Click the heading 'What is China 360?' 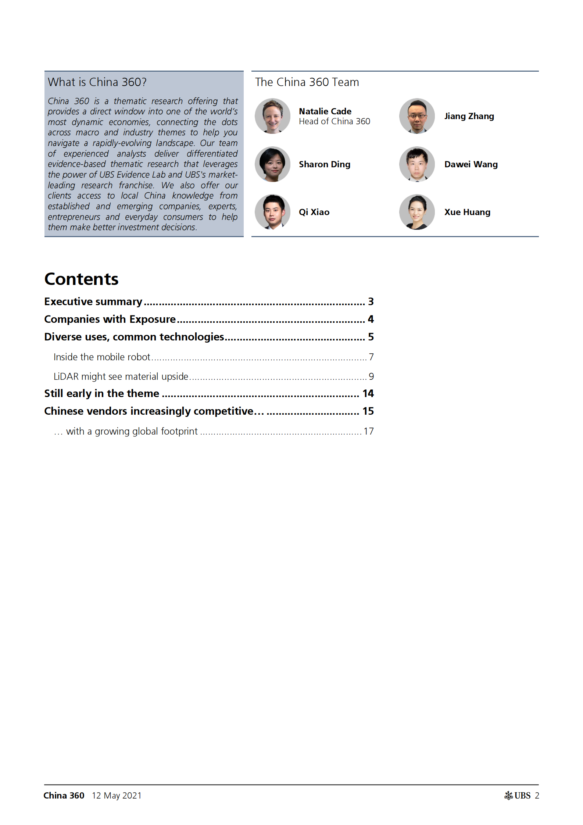[x=97, y=82]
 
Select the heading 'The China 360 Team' [x=307, y=82]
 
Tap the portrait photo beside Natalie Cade [x=272, y=116]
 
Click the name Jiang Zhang [x=469, y=116]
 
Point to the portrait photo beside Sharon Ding [x=272, y=164]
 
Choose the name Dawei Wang [x=471, y=164]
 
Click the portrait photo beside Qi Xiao [x=272, y=212]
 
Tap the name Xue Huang [x=467, y=212]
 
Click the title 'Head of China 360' [x=334, y=122]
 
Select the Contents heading [x=81, y=279]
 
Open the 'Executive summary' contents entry [x=93, y=301]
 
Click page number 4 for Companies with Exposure [x=371, y=319]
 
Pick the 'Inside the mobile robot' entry [x=102, y=357]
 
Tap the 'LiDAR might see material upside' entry [x=121, y=376]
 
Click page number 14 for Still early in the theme [x=368, y=393]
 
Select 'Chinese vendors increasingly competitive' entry [x=154, y=411]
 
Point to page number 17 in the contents [x=368, y=431]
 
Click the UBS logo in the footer [x=517, y=796]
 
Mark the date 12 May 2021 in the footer [x=117, y=796]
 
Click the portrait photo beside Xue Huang [x=417, y=212]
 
